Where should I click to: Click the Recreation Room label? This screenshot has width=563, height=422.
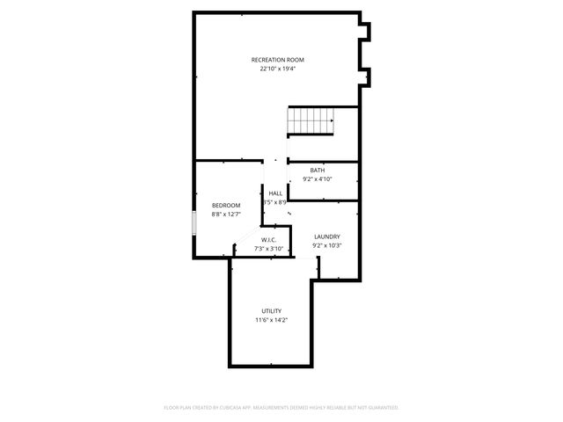277,60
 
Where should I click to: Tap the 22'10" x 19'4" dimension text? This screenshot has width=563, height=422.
277,69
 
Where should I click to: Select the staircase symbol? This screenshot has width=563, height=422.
312,121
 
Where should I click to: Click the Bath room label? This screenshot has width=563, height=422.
317,170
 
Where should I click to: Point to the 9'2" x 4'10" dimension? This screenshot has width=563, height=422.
317,179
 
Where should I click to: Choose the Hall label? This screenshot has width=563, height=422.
275,193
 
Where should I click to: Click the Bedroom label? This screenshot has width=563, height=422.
225,205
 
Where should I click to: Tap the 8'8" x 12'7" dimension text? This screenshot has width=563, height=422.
225,215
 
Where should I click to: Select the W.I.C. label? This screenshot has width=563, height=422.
268,240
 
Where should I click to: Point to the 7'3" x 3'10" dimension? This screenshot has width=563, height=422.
268,249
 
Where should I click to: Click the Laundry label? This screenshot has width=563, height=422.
326,236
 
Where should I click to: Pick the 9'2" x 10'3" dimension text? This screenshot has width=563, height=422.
326,246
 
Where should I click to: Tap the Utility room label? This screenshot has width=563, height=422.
271,311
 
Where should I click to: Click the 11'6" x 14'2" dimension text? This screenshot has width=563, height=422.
271,321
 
